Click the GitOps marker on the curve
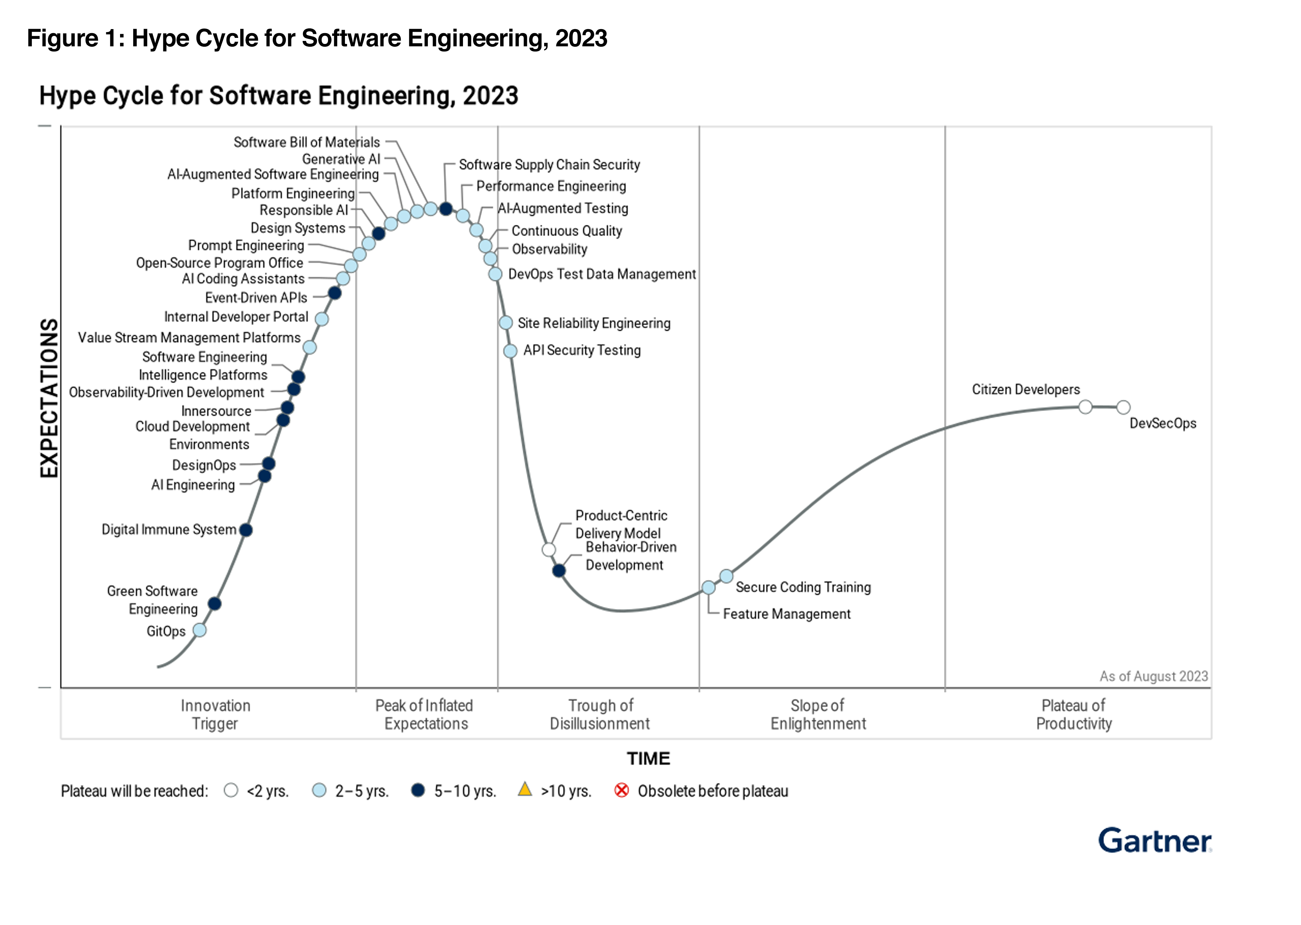click(200, 630)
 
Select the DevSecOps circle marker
click(1123, 407)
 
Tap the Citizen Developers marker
click(1086, 407)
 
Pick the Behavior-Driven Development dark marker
click(559, 570)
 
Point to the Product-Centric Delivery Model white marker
click(549, 550)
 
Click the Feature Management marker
click(708, 587)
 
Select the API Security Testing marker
click(510, 351)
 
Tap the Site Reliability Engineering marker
click(506, 323)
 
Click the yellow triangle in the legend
click(525, 789)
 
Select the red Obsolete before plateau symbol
click(622, 791)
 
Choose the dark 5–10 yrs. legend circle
click(418, 791)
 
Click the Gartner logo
click(1155, 841)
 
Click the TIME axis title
click(648, 759)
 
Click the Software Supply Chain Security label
click(549, 165)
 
